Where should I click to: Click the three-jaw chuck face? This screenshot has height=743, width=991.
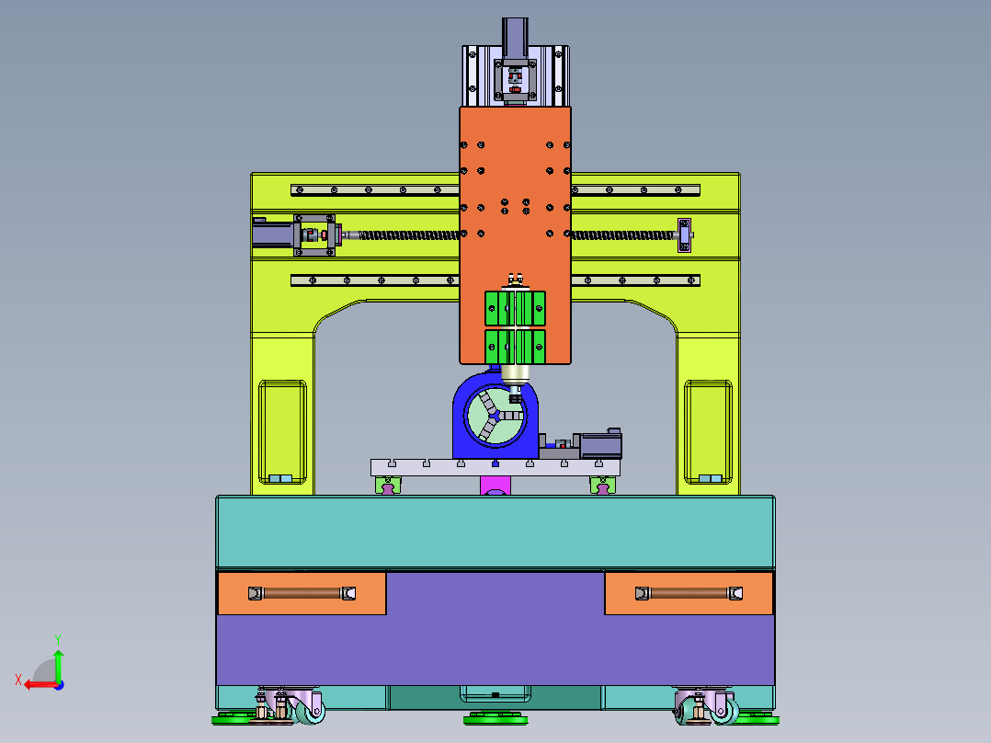click(495, 416)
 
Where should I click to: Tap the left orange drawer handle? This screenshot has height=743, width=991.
click(302, 593)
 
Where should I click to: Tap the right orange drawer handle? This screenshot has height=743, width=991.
click(689, 593)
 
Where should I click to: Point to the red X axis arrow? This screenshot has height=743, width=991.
click(41, 684)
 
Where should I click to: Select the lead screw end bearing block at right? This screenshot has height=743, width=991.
click(685, 235)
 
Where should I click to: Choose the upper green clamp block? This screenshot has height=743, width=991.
click(515, 308)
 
